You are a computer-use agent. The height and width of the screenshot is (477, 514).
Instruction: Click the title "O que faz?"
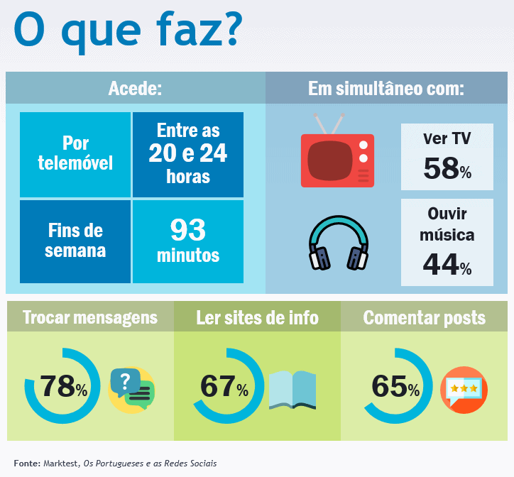[128, 30]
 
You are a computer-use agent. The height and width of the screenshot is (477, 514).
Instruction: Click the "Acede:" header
[135, 89]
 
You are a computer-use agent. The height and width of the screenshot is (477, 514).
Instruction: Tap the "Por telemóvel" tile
[75, 153]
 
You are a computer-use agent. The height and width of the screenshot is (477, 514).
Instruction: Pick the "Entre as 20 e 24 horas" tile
[188, 153]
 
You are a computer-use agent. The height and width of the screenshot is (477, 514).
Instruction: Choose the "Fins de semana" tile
[75, 241]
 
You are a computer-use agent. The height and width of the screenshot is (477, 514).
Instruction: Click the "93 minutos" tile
[188, 241]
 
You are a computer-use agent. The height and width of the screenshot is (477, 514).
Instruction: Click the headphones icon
[339, 243]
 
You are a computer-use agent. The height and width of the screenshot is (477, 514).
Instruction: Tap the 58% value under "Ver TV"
[447, 169]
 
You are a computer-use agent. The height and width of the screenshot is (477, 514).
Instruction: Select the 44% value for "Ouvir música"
[447, 264]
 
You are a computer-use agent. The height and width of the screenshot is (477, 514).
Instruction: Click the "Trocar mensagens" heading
[89, 317]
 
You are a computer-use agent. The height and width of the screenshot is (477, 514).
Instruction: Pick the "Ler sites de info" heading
[257, 317]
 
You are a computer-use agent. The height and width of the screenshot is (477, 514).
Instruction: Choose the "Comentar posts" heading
[425, 317]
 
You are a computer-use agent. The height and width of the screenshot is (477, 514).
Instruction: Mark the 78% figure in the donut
[63, 387]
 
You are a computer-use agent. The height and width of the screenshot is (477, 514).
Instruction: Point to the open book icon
[292, 390]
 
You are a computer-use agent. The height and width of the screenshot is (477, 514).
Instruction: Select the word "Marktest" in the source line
[60, 464]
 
